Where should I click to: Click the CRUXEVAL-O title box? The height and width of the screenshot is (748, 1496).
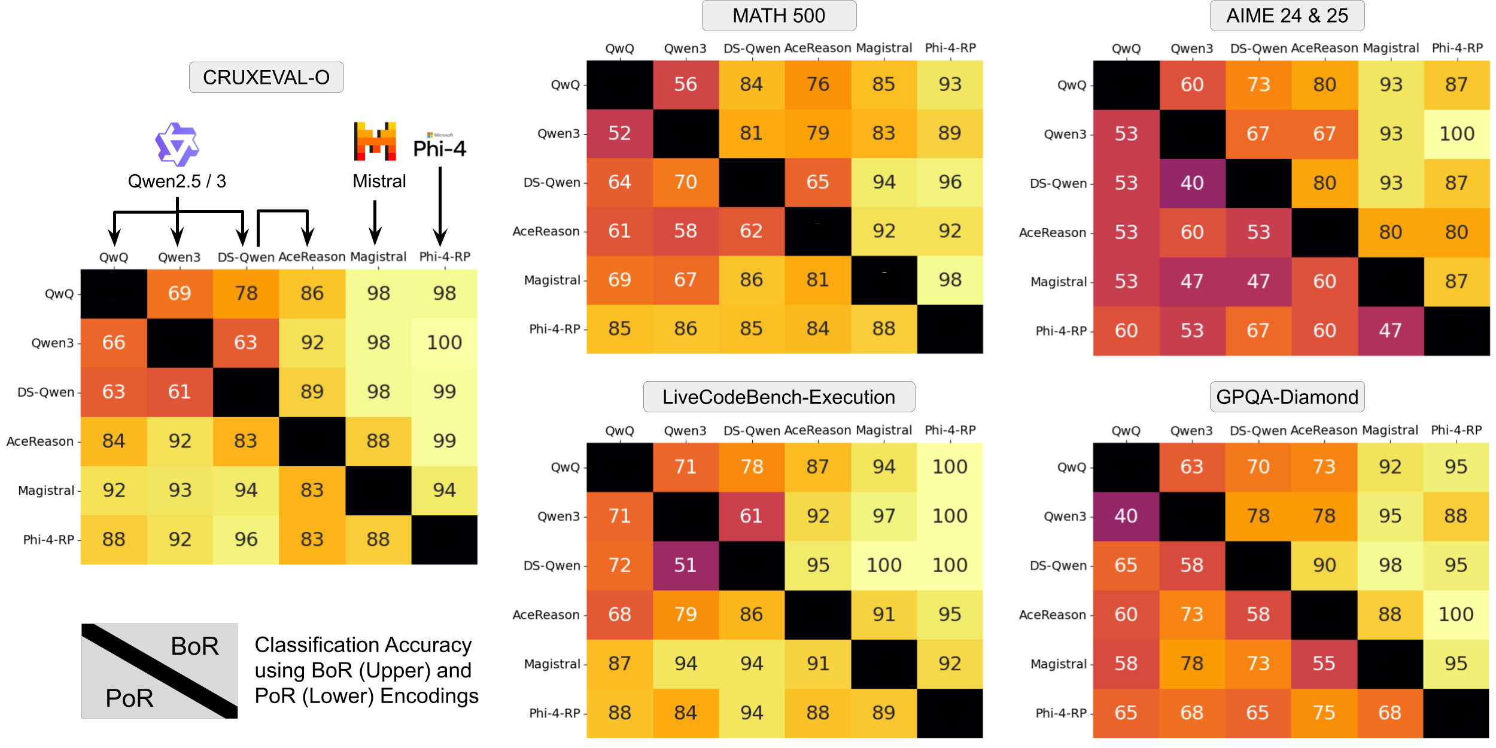tap(266, 77)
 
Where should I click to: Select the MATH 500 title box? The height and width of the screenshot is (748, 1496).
tap(779, 16)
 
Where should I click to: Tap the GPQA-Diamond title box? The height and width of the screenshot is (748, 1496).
tap(1287, 397)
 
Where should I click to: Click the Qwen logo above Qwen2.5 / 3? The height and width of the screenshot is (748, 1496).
tap(177, 144)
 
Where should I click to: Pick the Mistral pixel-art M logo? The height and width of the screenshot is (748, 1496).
tap(375, 142)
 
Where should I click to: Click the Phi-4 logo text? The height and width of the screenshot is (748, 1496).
tap(439, 148)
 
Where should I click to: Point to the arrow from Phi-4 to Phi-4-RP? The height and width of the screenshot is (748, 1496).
tap(440, 206)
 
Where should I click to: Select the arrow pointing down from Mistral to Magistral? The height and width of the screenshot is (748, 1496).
tap(375, 221)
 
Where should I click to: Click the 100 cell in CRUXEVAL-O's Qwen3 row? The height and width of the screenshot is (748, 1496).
tap(444, 342)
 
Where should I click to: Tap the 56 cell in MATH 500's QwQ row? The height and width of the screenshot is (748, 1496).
tap(685, 84)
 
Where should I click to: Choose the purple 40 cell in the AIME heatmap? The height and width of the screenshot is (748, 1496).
tap(1191, 183)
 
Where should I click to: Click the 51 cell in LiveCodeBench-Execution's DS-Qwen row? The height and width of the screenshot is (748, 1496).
tap(685, 565)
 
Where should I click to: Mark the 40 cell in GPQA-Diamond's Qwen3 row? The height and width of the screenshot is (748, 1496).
tap(1125, 516)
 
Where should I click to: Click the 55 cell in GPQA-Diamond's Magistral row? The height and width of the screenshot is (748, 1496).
tap(1324, 663)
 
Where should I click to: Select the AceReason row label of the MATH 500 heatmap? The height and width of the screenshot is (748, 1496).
tap(546, 232)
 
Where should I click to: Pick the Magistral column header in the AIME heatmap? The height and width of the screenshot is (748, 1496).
tap(1391, 48)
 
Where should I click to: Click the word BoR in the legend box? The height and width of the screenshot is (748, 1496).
tap(194, 646)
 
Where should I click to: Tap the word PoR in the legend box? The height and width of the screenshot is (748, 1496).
tap(129, 698)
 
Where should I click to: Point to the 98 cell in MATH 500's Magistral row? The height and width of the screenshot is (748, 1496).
tap(950, 279)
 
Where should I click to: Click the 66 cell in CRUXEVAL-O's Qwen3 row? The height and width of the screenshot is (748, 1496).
tap(114, 342)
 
